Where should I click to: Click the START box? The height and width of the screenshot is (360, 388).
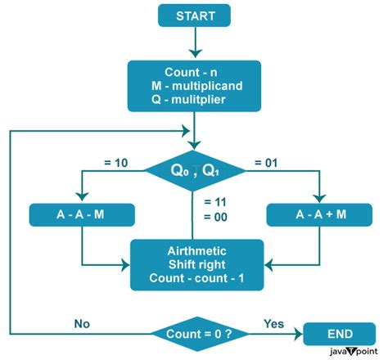point(194,16)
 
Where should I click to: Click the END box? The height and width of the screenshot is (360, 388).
point(341,334)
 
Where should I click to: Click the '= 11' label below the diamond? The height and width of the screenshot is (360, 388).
point(215,201)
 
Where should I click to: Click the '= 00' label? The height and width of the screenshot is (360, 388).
point(215,218)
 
